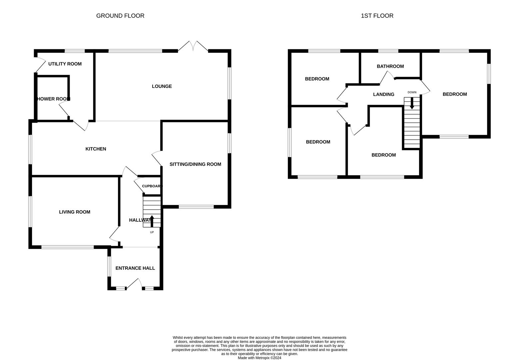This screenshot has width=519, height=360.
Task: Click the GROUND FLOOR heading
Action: pyautogui.click(x=120, y=16)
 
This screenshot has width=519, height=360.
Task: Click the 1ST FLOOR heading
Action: pyautogui.click(x=377, y=16)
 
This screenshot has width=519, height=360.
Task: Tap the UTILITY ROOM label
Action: pyautogui.click(x=65, y=64)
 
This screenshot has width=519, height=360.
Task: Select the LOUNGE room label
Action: pyautogui.click(x=162, y=86)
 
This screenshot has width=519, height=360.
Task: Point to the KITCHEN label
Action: pyautogui.click(x=96, y=149)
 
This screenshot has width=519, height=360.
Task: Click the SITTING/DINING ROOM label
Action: pyautogui.click(x=195, y=164)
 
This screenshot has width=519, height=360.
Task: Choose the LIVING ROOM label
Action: pyautogui.click(x=75, y=212)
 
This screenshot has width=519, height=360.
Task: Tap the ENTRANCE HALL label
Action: pyautogui.click(x=135, y=268)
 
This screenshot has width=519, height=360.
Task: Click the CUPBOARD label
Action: pyautogui.click(x=152, y=186)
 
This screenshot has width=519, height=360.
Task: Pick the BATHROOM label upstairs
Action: pyautogui.click(x=390, y=66)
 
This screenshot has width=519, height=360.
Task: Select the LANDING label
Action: pyautogui.click(x=384, y=94)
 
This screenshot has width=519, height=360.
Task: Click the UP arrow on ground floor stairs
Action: pyautogui.click(x=152, y=221)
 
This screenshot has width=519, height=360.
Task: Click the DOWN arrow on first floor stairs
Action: pyautogui.click(x=412, y=103)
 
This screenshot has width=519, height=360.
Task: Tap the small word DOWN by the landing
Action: pyautogui.click(x=412, y=92)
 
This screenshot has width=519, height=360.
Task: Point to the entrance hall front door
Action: pyautogui.click(x=134, y=284)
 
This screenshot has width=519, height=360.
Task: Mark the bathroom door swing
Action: pyautogui.click(x=386, y=78)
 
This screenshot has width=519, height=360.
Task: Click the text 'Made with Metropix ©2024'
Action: pyautogui.click(x=259, y=358)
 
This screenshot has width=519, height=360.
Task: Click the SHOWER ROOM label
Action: pyautogui.click(x=53, y=99)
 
